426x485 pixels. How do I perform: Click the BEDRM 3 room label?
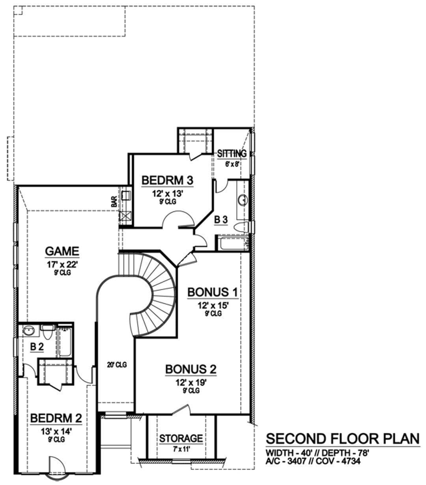coord(167,180)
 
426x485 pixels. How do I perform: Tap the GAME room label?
coord(62,251)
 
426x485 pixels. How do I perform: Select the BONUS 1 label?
coord(213,292)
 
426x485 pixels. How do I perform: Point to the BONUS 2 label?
coord(191,369)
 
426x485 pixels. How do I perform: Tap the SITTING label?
coord(232,154)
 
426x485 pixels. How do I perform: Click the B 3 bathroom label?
coord(220,219)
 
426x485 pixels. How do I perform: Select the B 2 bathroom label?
coord(37,346)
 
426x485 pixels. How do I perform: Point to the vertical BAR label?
coord(114,202)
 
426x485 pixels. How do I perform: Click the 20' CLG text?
coord(117,365)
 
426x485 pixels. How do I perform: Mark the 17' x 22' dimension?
coord(62,265)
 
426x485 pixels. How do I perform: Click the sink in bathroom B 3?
coord(243,200)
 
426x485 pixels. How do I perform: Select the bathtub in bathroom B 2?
coord(65,342)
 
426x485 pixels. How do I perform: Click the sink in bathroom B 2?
coord(29,331)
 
